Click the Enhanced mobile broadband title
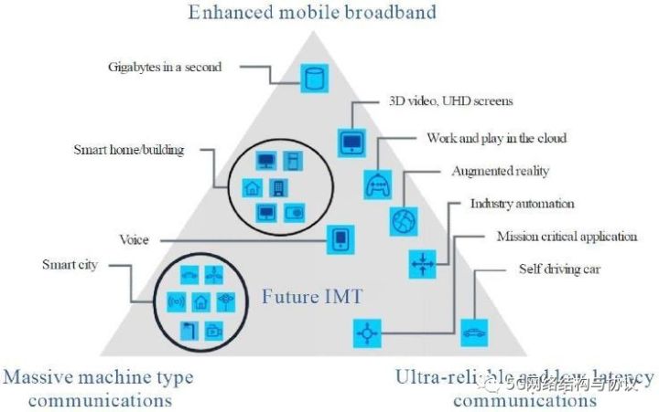tap(312, 13)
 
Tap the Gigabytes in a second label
tap(164, 67)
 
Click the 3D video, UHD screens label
tap(446, 100)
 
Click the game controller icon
tap(377, 183)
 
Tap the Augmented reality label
tap(500, 171)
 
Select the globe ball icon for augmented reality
tap(404, 220)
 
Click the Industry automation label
tap(522, 203)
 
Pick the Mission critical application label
tap(567, 237)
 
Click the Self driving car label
tap(554, 270)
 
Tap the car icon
tap(474, 332)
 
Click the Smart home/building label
tap(128, 149)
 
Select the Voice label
tap(134, 240)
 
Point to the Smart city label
tap(70, 265)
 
